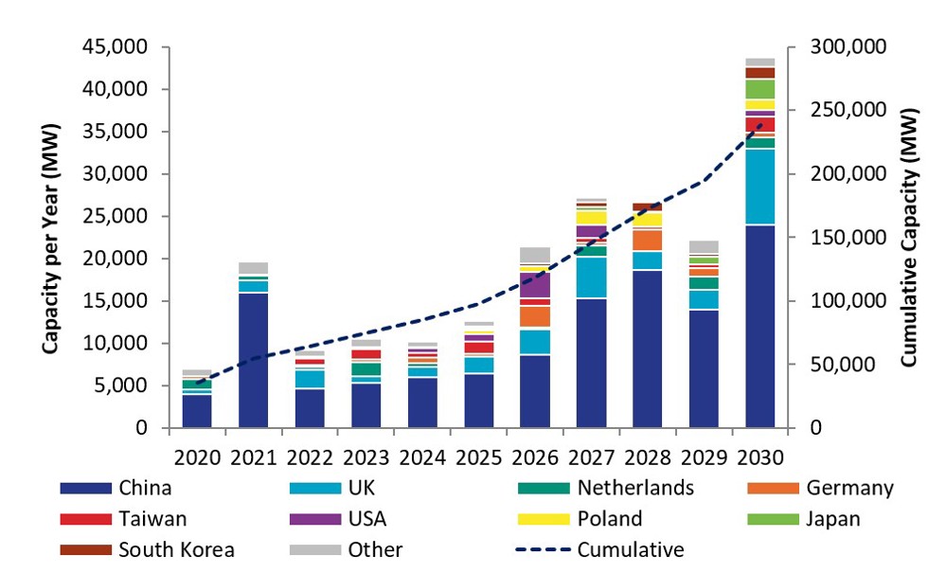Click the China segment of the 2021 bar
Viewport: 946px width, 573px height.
coord(253,360)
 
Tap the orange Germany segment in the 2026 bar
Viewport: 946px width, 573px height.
coord(534,316)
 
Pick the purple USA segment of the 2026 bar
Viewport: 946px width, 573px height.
coord(534,285)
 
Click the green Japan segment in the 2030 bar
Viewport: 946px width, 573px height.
coord(759,89)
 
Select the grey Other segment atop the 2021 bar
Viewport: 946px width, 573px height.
coord(253,268)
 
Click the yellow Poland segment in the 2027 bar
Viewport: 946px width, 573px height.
coord(591,218)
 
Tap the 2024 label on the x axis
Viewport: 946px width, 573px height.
coord(421,457)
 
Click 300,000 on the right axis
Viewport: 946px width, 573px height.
coord(848,46)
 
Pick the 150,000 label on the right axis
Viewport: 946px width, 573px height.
coord(848,238)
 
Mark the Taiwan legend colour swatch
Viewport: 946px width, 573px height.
coord(84,520)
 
